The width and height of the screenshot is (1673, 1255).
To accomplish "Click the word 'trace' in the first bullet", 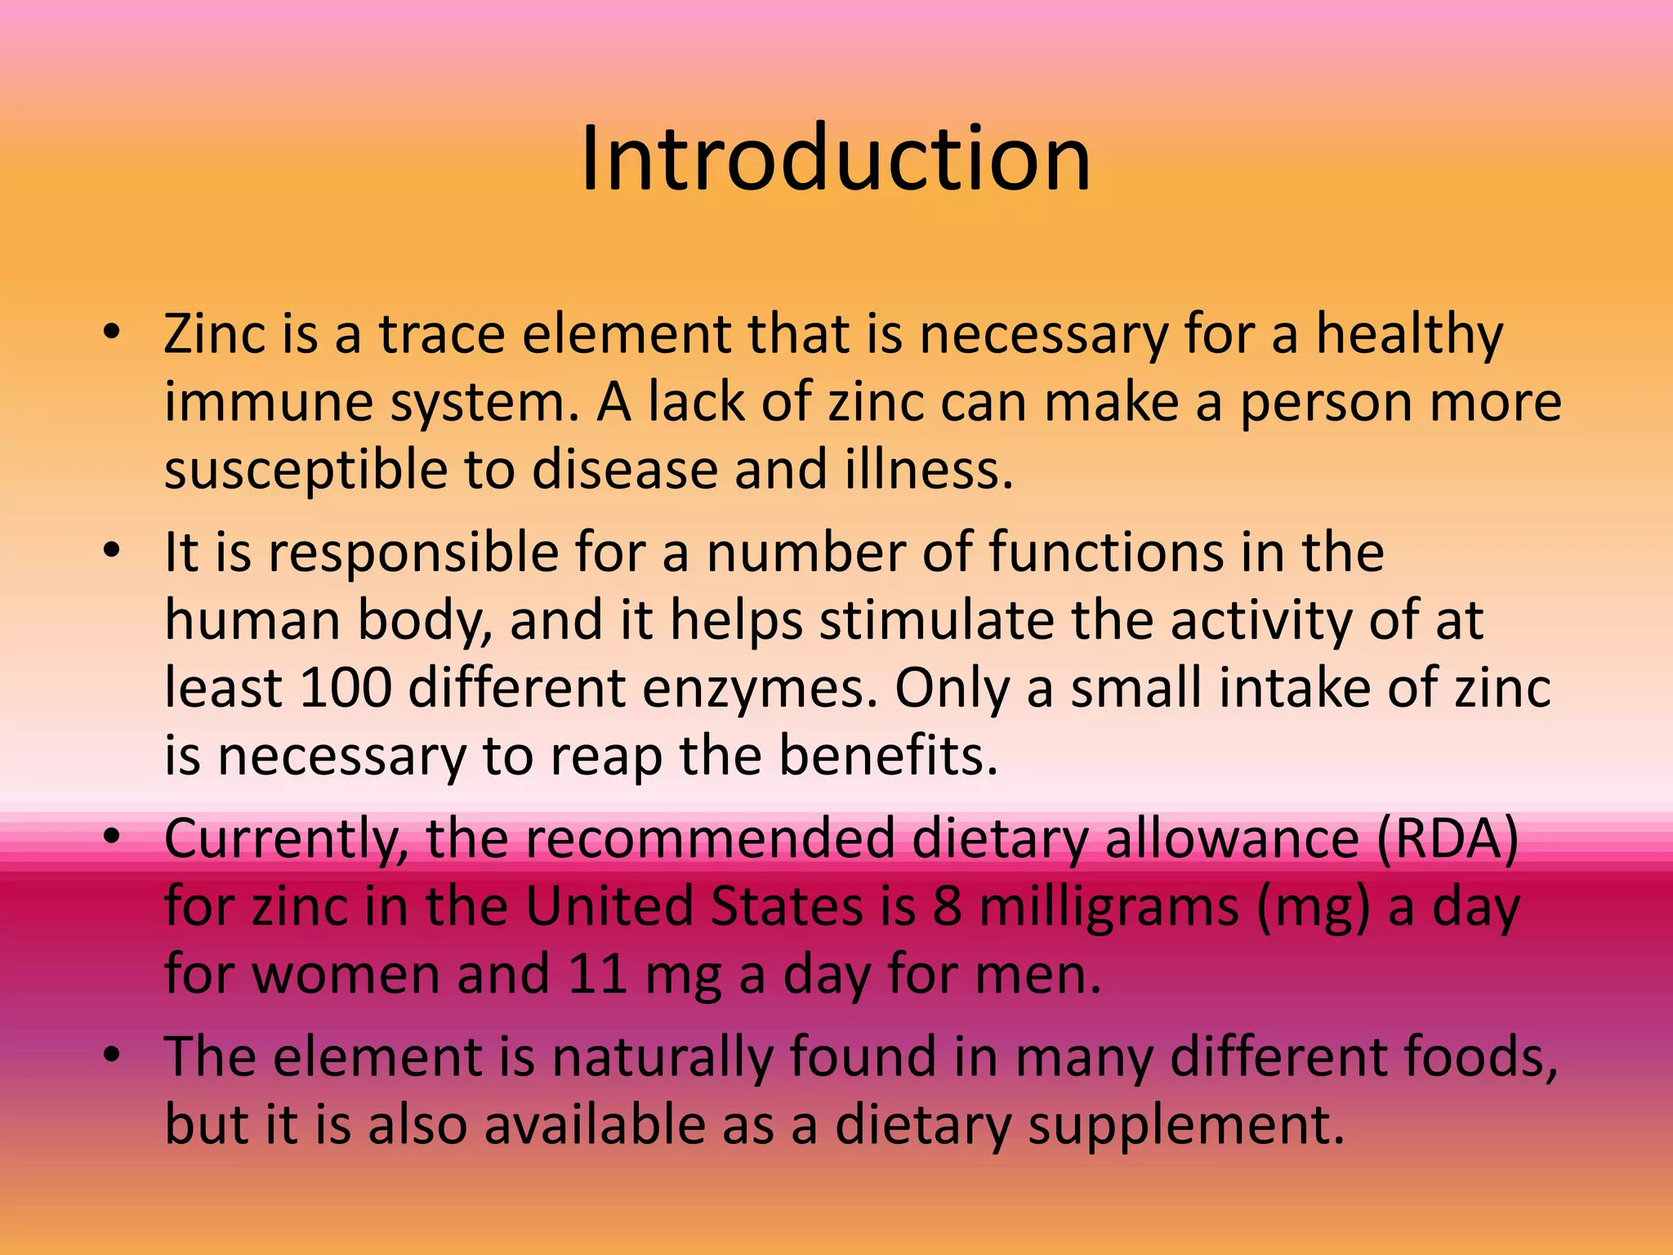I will (442, 335).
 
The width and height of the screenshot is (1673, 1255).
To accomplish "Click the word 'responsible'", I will (413, 554).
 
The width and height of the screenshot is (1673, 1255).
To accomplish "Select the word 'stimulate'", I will (937, 621).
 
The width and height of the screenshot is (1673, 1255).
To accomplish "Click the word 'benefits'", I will (888, 755).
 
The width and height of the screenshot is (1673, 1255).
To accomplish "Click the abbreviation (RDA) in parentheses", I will (1447, 839).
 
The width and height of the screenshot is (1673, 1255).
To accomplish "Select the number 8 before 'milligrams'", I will (947, 907).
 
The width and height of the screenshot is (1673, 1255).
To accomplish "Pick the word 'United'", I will (609, 907).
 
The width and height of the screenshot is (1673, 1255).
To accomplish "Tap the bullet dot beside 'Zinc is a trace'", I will (112, 333).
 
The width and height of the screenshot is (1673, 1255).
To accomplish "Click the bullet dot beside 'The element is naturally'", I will (112, 1054).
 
